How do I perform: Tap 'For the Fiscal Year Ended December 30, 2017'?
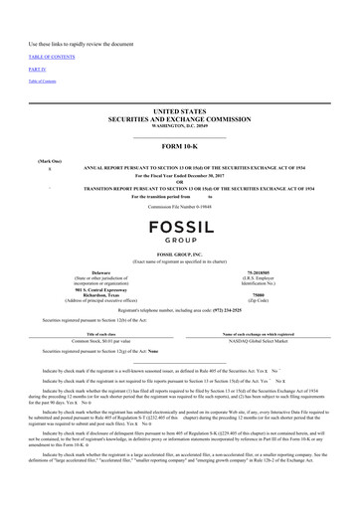[179, 174]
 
